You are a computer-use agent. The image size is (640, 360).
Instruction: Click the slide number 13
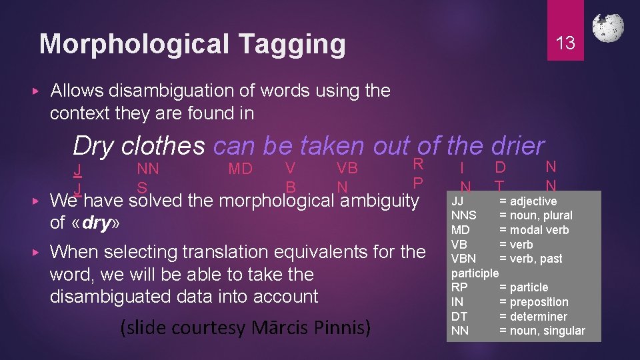pos(565,43)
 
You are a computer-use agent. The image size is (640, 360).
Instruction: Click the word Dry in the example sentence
pos(93,145)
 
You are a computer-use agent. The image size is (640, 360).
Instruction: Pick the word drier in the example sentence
pos(517,145)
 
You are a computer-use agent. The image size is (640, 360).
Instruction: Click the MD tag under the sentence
pos(240,169)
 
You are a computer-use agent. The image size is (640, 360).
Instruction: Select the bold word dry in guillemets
pos(97,223)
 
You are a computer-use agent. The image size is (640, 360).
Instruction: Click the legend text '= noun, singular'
pos(542,331)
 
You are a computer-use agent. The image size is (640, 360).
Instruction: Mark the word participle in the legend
pos(475,273)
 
